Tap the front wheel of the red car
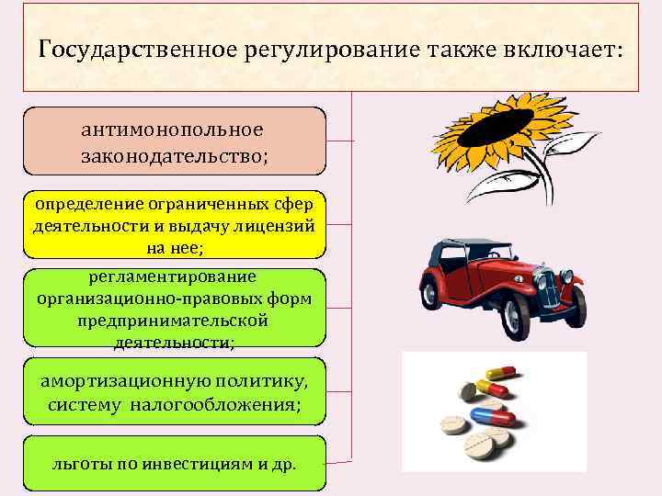pyautogui.click(x=534, y=315)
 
